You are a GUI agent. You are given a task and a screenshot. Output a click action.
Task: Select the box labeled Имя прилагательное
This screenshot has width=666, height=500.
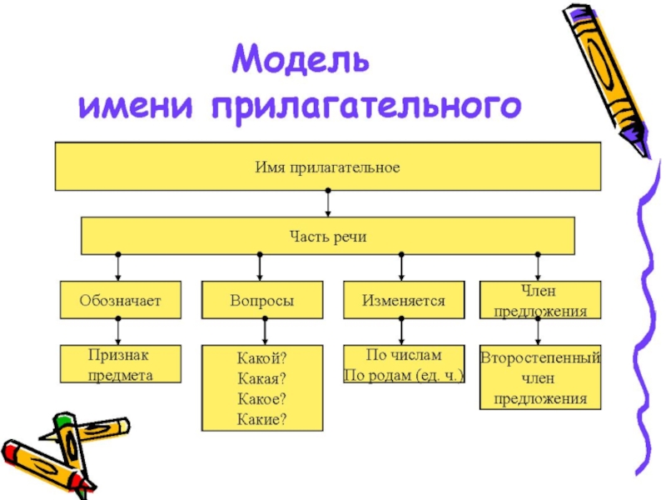pyautogui.click(x=327, y=167)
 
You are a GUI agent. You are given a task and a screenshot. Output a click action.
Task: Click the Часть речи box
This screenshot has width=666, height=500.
pyautogui.click(x=327, y=236)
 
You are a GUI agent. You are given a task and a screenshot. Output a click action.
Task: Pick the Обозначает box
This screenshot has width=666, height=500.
pyautogui.click(x=119, y=300)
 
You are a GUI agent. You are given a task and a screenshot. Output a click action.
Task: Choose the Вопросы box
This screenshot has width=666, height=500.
pyautogui.click(x=261, y=300)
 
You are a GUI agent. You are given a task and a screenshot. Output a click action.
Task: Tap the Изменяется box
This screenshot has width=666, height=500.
pyautogui.click(x=403, y=300)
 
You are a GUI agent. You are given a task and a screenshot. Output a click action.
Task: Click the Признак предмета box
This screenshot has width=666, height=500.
pyautogui.click(x=119, y=365)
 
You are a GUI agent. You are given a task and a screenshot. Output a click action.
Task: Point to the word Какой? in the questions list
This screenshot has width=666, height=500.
pyautogui.click(x=261, y=359)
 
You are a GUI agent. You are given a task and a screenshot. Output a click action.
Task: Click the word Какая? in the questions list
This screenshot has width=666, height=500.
pyautogui.click(x=261, y=379)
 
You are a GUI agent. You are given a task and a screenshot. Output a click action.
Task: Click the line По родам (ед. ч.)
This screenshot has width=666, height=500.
pyautogui.click(x=403, y=375)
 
